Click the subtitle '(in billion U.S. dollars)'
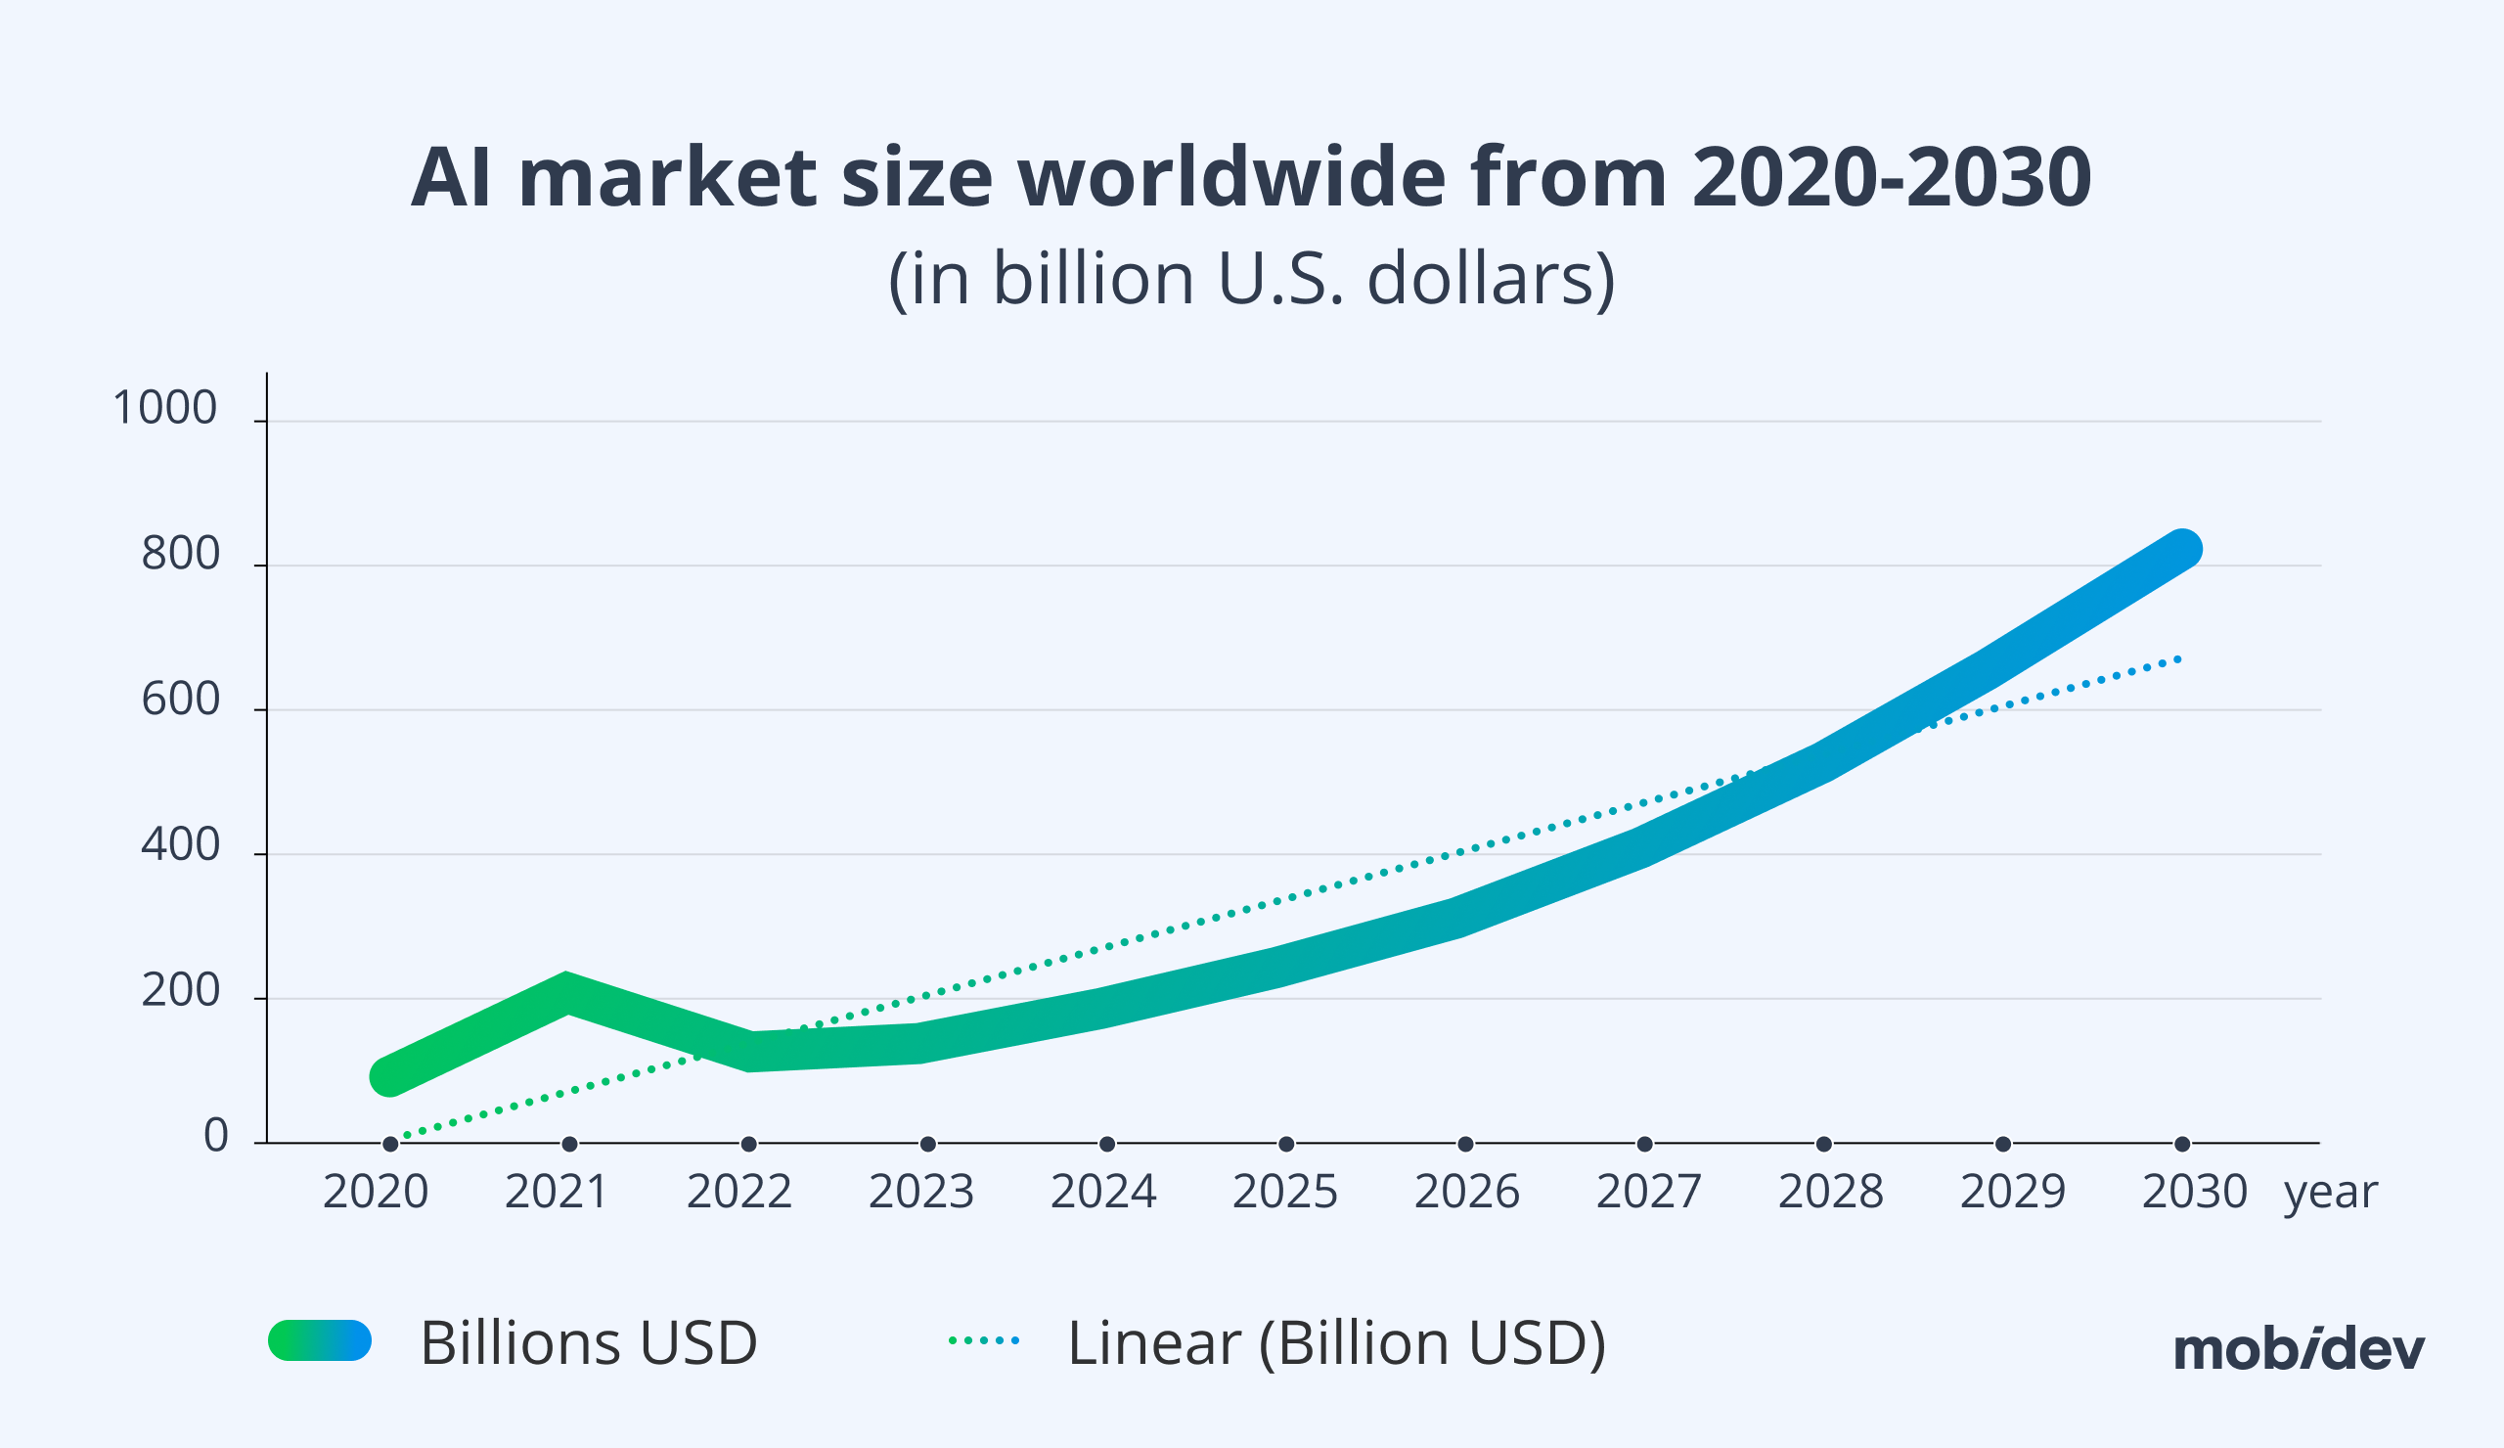[x=1251, y=279]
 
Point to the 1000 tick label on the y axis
[x=165, y=408]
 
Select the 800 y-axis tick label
[x=180, y=554]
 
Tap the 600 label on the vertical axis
[x=180, y=700]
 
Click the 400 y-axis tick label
[x=180, y=844]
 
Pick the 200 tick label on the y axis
[x=180, y=990]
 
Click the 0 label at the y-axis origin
[x=215, y=1135]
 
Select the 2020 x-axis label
[x=376, y=1192]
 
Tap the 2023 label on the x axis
[x=921, y=1192]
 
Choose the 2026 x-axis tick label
[x=1466, y=1192]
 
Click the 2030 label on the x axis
[x=2195, y=1192]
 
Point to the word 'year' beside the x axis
[x=2331, y=1192]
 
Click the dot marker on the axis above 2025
[x=1286, y=1144]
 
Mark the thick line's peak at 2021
[x=566, y=992]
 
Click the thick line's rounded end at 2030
[x=2181, y=549]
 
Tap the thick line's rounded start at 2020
[x=389, y=1076]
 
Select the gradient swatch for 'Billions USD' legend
[x=320, y=1340]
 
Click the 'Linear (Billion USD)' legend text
[x=1336, y=1342]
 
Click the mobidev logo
[x=2300, y=1350]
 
